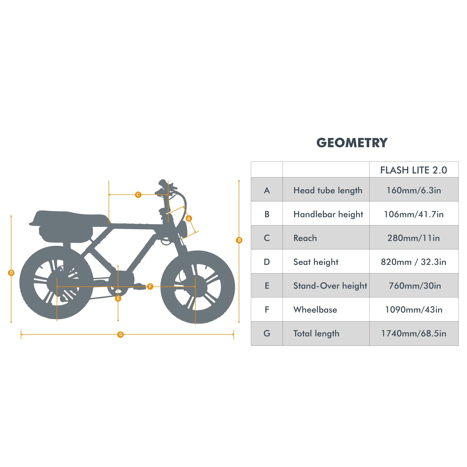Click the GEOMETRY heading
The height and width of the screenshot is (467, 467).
click(x=352, y=143)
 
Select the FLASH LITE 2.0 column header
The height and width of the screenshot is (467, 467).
click(x=414, y=170)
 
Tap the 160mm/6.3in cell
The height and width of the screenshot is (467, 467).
click(x=414, y=190)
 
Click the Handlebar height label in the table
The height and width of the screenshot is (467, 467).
click(x=328, y=214)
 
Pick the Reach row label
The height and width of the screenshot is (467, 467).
click(x=305, y=238)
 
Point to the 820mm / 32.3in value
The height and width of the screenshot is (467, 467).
click(x=414, y=262)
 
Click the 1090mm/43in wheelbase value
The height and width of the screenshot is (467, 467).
click(x=414, y=310)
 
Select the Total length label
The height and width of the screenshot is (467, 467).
click(x=316, y=333)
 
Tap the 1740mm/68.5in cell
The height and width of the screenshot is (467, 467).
click(x=414, y=333)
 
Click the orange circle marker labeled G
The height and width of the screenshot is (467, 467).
click(x=120, y=335)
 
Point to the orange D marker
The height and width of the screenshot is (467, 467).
click(x=11, y=273)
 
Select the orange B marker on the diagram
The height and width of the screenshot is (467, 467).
click(x=239, y=240)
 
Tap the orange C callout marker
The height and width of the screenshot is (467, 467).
click(x=138, y=195)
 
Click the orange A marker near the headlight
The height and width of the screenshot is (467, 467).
click(x=189, y=218)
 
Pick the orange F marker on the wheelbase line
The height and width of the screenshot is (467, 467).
click(x=150, y=286)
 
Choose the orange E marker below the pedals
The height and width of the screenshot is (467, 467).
click(x=118, y=298)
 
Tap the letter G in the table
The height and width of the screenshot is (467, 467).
click(x=267, y=333)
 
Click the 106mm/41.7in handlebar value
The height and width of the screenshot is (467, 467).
click(x=414, y=214)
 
